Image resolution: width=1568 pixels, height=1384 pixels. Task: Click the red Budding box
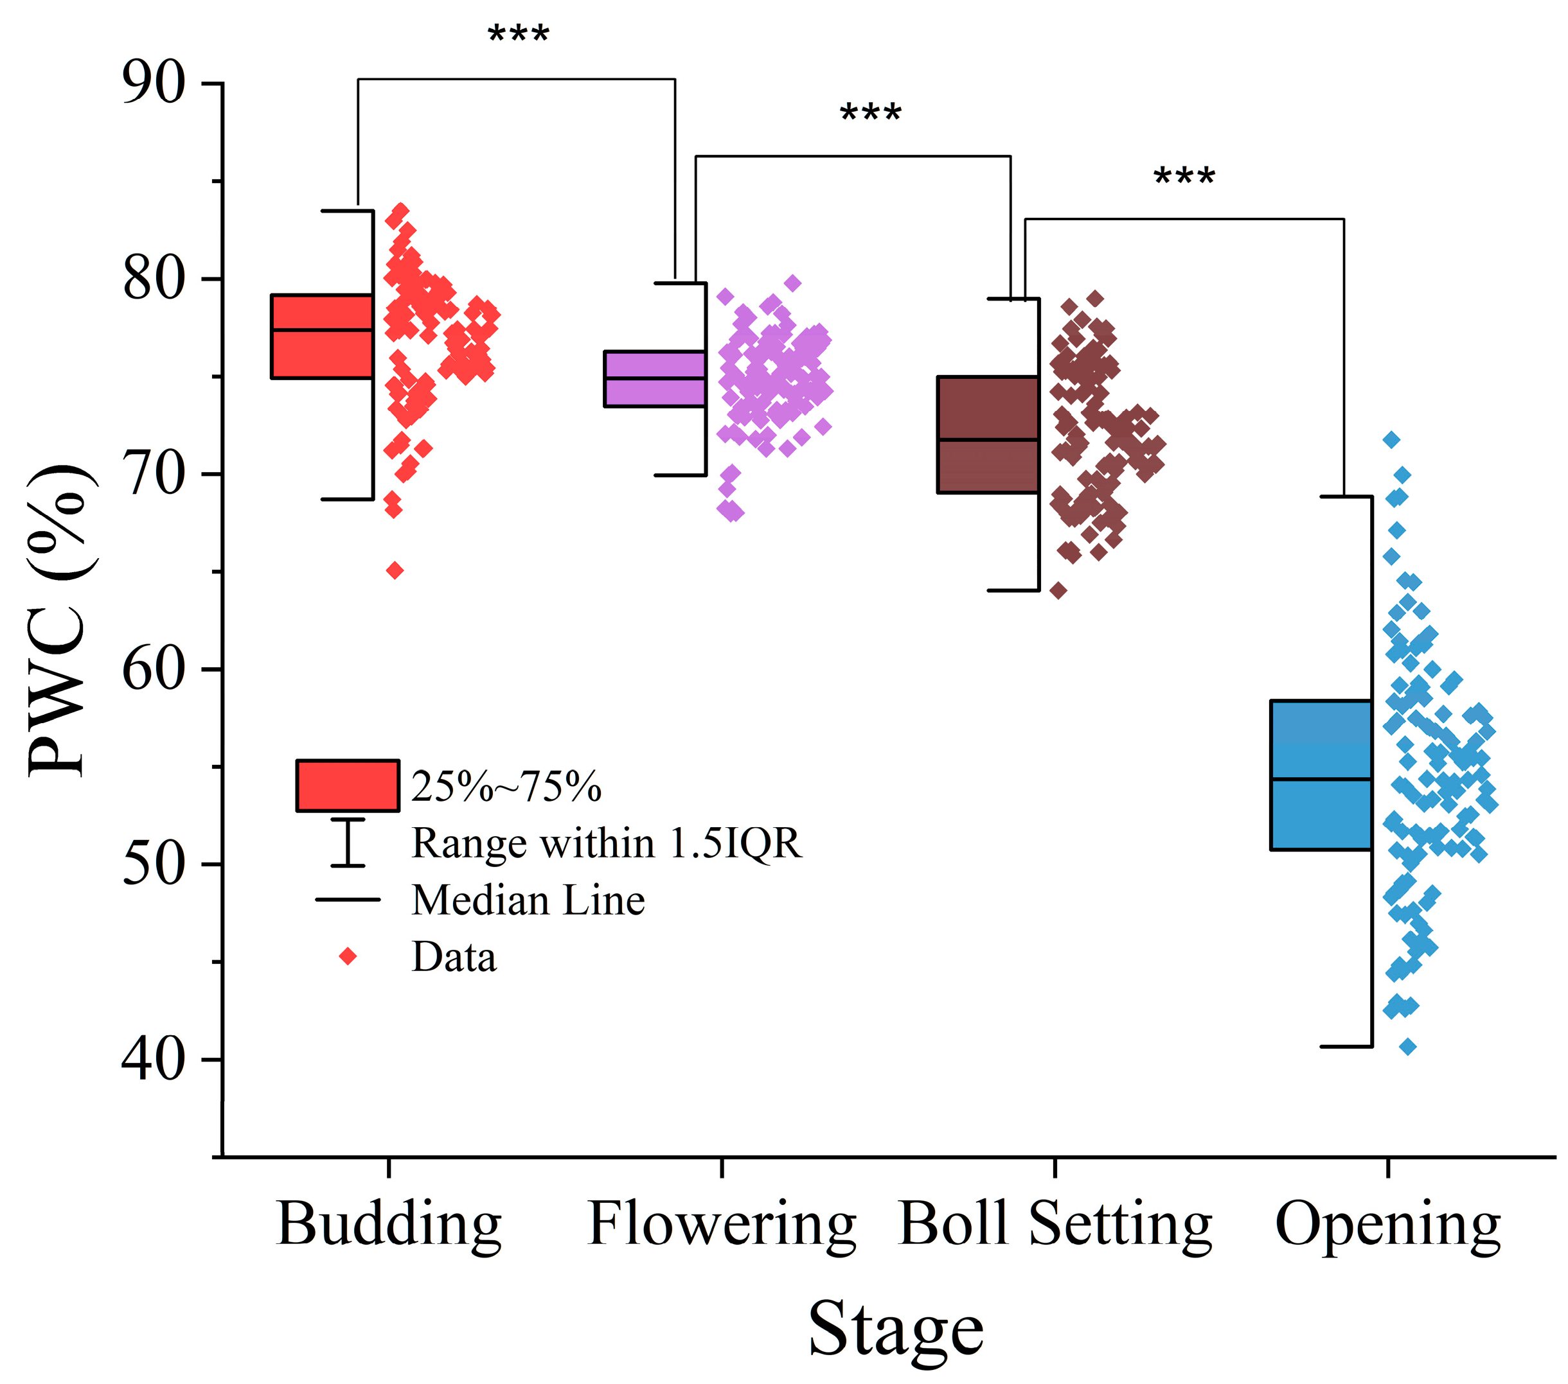pyautogui.click(x=322, y=336)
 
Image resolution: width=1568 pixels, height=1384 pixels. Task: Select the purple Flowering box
pyautogui.click(x=654, y=379)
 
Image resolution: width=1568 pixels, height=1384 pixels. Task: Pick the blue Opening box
pyautogui.click(x=1321, y=775)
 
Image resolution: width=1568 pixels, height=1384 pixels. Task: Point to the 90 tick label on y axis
pyautogui.click(x=154, y=83)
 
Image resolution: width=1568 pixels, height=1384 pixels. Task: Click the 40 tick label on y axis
pyautogui.click(x=154, y=1060)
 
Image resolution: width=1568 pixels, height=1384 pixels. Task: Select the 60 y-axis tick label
pyautogui.click(x=154, y=669)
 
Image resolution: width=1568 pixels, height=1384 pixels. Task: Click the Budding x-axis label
pyautogui.click(x=389, y=1225)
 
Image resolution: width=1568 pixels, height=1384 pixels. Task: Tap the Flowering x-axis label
pyautogui.click(x=721, y=1225)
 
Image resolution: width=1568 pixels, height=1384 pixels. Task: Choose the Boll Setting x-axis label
pyautogui.click(x=1055, y=1225)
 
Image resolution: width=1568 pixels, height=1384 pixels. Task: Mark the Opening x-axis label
pyautogui.click(x=1387, y=1225)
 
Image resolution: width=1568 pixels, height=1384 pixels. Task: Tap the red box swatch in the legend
pyautogui.click(x=348, y=785)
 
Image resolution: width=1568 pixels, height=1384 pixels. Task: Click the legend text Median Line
pyautogui.click(x=528, y=900)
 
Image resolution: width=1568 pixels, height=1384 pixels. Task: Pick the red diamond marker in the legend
pyautogui.click(x=348, y=956)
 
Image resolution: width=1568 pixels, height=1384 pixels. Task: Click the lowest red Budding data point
pyautogui.click(x=395, y=570)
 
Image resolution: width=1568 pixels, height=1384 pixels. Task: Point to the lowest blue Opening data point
pyautogui.click(x=1408, y=1046)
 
